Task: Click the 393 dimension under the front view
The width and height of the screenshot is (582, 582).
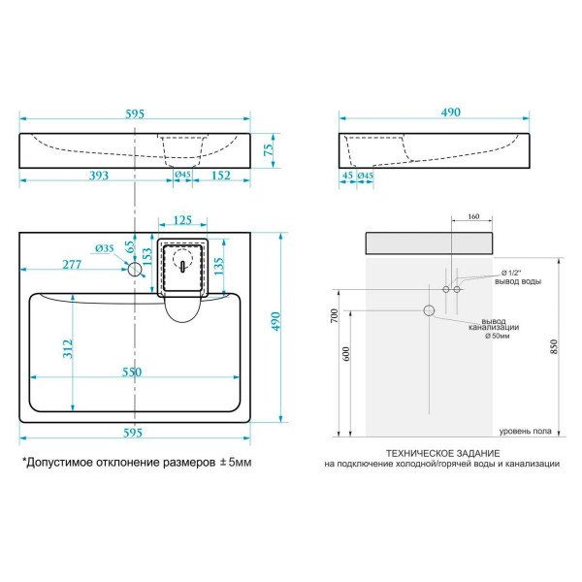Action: [x=93, y=176]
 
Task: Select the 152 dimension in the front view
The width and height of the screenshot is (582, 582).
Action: [x=219, y=176]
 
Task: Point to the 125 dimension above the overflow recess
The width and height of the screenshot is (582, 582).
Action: [x=181, y=220]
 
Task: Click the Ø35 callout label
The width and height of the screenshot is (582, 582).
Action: [x=106, y=249]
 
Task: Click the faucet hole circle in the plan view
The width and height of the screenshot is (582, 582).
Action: [x=135, y=270]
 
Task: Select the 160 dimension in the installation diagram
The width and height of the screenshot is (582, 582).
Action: [x=472, y=216]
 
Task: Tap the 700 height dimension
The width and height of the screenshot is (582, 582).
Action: [x=334, y=316]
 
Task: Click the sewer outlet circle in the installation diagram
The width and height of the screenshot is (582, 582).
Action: [x=428, y=310]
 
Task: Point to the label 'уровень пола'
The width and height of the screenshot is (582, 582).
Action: [x=526, y=431]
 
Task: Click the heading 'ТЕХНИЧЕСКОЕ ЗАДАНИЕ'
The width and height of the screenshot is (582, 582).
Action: [x=442, y=453]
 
